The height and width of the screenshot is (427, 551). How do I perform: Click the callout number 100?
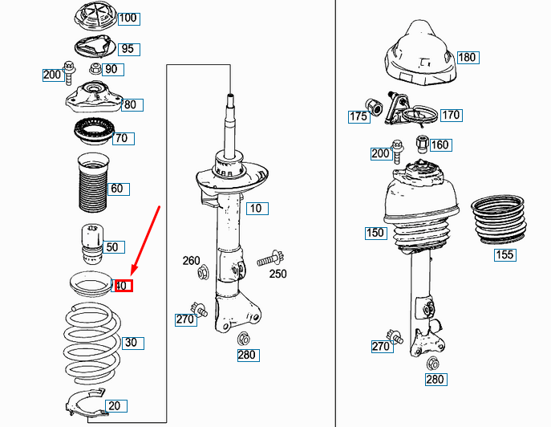tap(128, 18)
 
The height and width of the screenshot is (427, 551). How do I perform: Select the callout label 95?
tap(128, 49)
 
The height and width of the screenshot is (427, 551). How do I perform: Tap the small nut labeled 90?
tap(95, 68)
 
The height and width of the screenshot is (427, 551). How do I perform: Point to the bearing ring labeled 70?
tap(94, 131)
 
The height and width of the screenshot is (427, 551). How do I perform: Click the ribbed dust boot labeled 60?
tap(93, 182)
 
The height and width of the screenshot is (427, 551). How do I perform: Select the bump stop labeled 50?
tap(92, 244)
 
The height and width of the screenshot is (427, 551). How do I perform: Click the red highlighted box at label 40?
tap(124, 286)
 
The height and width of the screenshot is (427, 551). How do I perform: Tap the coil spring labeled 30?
tap(92, 344)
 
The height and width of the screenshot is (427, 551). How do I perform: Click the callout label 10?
tap(257, 209)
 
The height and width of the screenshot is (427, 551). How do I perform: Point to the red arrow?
tap(145, 241)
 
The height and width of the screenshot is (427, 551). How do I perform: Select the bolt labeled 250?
tap(270, 259)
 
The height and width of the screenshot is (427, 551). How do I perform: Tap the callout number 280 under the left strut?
tap(248, 355)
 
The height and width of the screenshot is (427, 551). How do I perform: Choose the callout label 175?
tap(359, 116)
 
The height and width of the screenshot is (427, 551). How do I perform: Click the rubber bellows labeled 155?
tap(499, 219)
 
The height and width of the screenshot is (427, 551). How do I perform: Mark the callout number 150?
tap(376, 233)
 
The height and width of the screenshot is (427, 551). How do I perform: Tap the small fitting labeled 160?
tap(422, 144)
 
